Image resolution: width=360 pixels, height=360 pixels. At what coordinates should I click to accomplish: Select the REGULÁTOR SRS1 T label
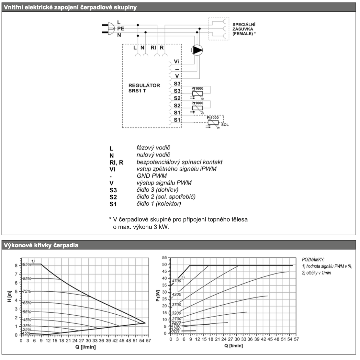144,88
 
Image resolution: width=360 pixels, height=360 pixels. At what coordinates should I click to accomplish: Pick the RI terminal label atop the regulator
153,48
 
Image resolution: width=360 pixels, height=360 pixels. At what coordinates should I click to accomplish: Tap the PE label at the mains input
120,29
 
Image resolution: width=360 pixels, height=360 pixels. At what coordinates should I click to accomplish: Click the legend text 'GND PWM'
152,176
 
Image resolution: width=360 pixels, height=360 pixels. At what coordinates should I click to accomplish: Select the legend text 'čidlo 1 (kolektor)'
159,204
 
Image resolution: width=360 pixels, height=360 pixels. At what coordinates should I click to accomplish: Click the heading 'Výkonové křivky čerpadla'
41,245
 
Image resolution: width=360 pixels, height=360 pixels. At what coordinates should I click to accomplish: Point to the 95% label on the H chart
27,264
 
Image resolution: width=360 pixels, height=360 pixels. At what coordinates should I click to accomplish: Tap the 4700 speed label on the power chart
177,281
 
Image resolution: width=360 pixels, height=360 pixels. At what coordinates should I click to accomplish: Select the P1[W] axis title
158,295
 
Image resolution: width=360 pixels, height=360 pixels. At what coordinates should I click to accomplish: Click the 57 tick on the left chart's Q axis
148,341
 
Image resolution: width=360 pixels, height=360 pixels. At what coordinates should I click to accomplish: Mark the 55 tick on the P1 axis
165,258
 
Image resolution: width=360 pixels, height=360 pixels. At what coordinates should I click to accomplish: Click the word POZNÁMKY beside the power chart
313,260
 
